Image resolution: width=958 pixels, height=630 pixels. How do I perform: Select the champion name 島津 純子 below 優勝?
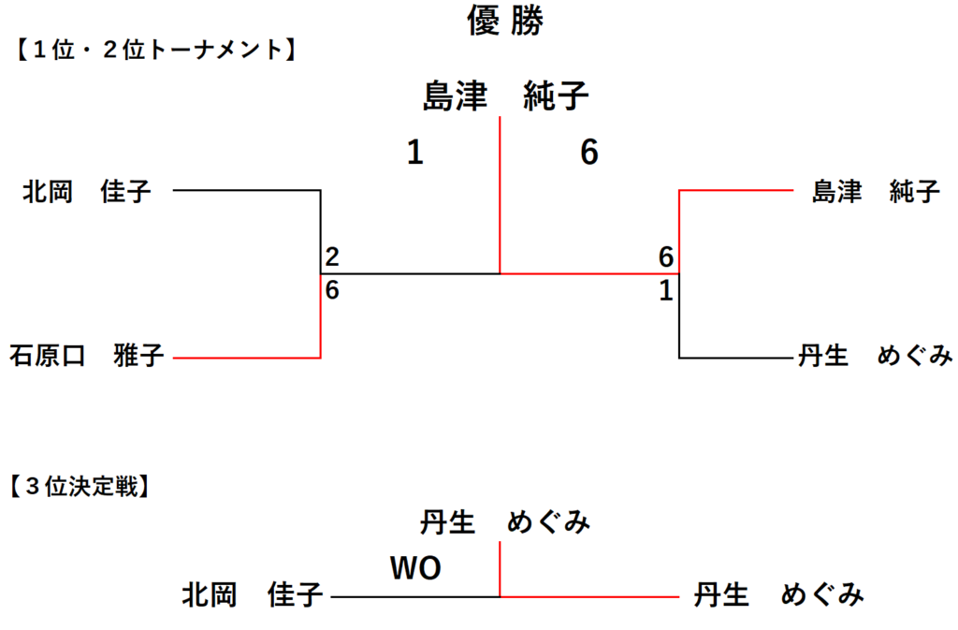pos(504,97)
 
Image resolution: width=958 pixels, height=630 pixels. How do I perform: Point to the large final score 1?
pos(414,153)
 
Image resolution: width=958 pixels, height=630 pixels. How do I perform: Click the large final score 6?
pos(588,153)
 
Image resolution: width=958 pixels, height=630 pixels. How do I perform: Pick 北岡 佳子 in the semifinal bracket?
pos(87,193)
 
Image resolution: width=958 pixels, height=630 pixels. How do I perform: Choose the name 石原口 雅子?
pos(87,357)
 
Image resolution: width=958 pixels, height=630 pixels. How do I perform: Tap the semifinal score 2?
pos(332,256)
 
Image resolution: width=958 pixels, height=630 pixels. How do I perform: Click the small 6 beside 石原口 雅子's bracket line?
pos(332,290)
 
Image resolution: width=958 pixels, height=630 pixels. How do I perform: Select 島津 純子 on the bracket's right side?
pos(875,193)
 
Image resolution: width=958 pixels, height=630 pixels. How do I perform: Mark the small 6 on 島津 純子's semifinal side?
pos(666,256)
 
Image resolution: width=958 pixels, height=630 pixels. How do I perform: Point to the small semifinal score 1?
pos(666,291)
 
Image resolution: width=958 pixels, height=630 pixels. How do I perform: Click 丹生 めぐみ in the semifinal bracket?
pos(875,357)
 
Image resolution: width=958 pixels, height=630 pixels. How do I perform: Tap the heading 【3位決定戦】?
pos(80,487)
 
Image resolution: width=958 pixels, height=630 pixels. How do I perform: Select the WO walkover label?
pos(414,567)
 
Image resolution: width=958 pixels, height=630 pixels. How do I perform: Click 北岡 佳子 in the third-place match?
pos(252,595)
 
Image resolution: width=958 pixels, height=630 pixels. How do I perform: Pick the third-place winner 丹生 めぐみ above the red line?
pos(504,523)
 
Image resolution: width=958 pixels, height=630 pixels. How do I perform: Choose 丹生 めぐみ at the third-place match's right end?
pos(778,595)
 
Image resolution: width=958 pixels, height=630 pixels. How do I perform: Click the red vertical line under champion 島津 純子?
pos(501,197)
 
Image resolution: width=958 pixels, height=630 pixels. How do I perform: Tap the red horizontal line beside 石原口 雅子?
pos(248,358)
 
